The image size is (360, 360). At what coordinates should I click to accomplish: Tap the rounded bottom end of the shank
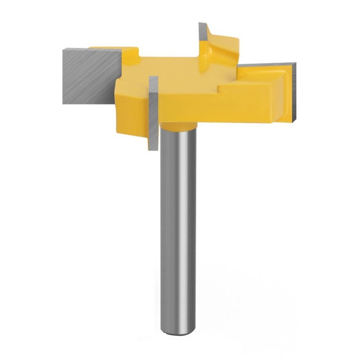pos(178,330)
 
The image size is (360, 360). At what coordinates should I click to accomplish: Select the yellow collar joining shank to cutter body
pos(178,127)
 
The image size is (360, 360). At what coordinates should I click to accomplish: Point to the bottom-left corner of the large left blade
pos(64,103)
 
